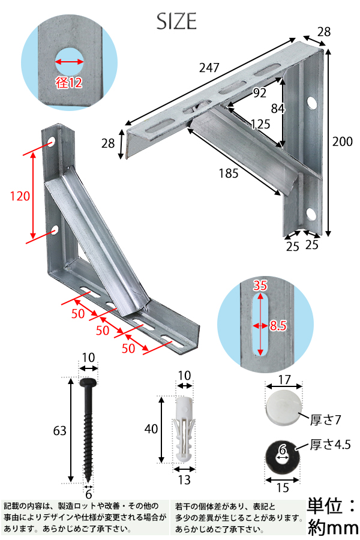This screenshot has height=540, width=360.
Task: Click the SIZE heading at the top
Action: coord(177,22)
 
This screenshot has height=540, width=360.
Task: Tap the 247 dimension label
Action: coord(209,69)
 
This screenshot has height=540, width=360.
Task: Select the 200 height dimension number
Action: coord(343,142)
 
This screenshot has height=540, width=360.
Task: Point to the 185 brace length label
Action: coord(229,173)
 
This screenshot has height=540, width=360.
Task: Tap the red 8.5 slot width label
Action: coord(278,325)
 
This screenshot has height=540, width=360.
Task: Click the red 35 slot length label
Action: coord(260,286)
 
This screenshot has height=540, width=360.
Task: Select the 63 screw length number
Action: coord(59,430)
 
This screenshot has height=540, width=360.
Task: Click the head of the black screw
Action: coord(89,382)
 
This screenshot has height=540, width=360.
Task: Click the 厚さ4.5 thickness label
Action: coord(331,445)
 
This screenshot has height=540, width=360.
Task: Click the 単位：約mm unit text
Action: coord(332,517)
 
